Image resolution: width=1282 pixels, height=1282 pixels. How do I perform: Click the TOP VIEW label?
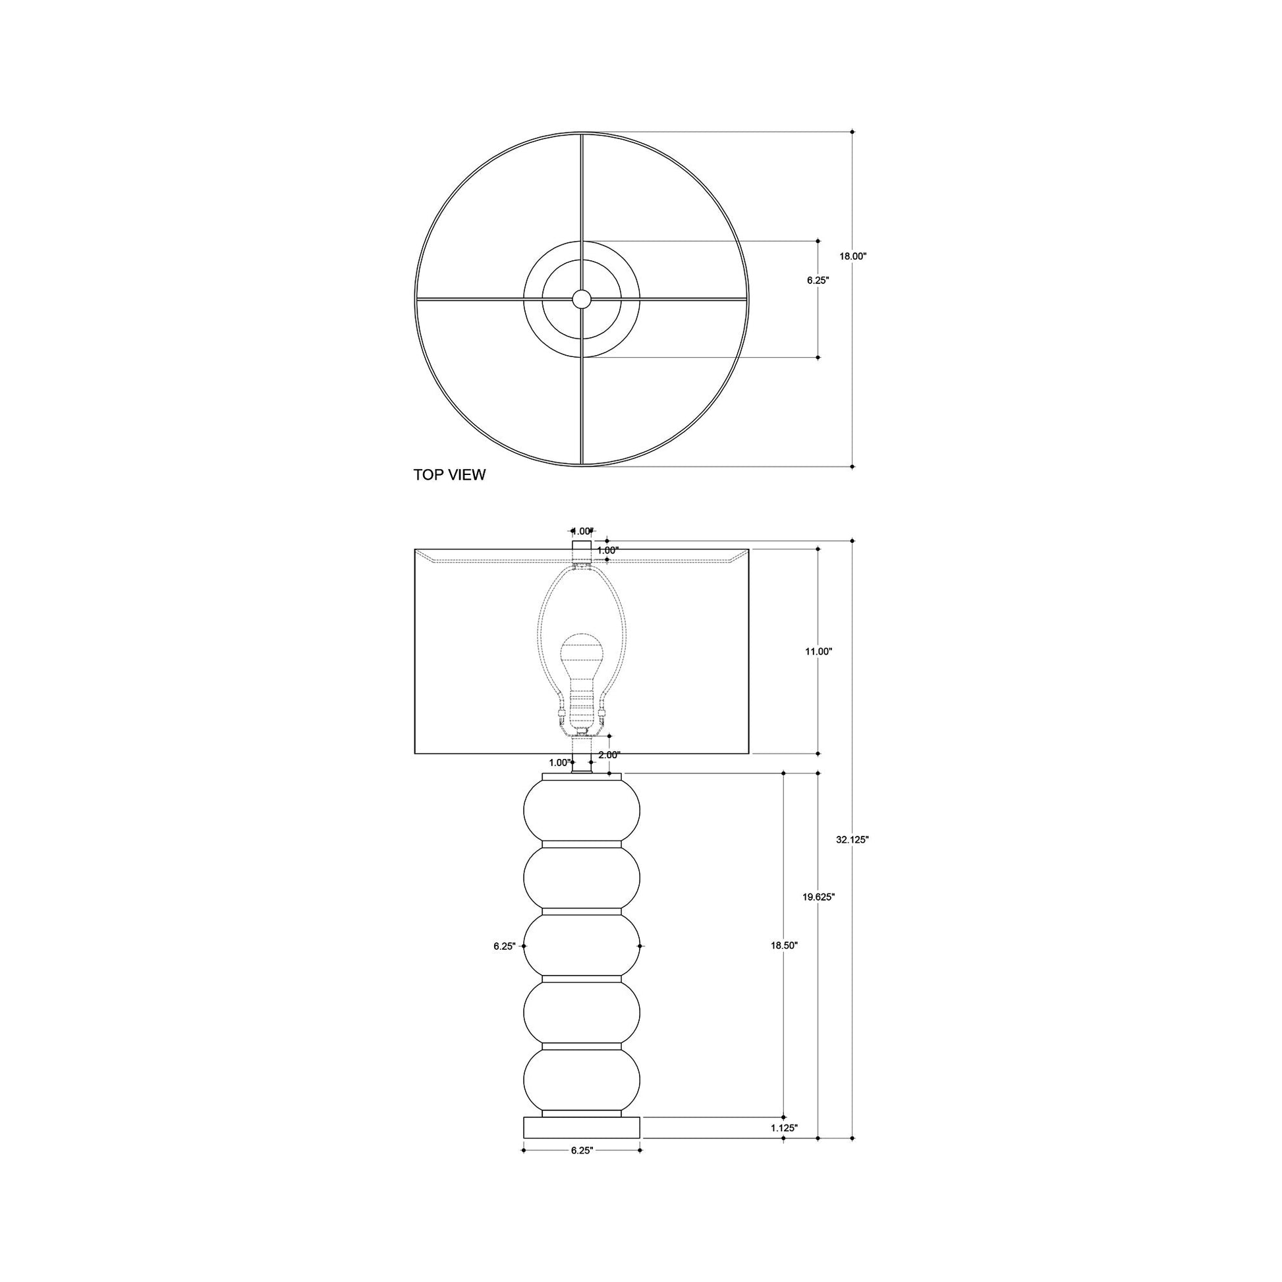[x=449, y=475]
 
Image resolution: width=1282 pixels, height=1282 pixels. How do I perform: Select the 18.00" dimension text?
[x=852, y=256]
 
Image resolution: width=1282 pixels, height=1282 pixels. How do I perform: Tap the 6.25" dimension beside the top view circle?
[x=818, y=281]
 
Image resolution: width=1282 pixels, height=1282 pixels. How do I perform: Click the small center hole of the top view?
[x=582, y=299]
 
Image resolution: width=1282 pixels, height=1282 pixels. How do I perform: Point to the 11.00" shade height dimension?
[x=818, y=652]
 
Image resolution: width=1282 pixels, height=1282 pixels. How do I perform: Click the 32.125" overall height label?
[x=852, y=839]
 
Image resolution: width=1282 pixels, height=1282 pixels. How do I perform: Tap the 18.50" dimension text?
[x=784, y=945]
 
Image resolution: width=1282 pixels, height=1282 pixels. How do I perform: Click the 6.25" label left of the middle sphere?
[x=505, y=947]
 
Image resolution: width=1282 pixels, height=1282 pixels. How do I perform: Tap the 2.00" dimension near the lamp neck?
[x=609, y=755]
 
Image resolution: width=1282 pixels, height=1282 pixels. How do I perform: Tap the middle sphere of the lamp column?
[x=582, y=945]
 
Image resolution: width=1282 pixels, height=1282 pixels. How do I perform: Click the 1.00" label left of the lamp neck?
[x=559, y=763]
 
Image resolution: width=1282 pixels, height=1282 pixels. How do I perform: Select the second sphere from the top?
[x=582, y=878]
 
